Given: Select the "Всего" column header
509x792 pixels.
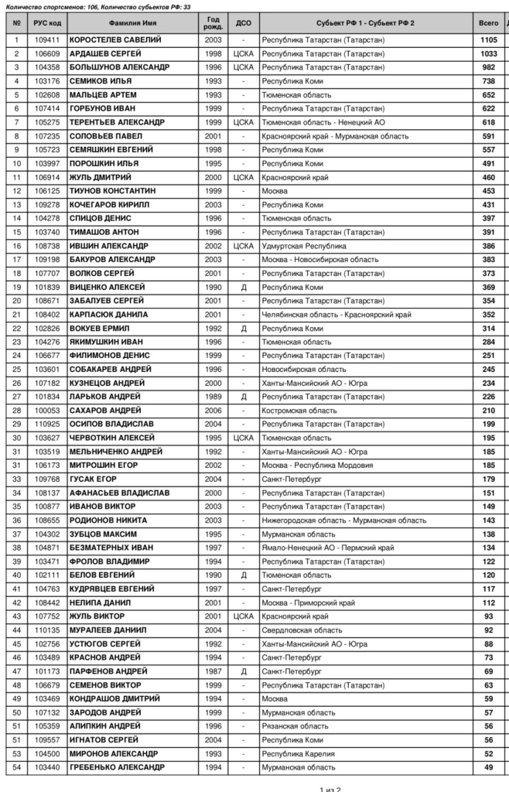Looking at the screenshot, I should [x=488, y=23].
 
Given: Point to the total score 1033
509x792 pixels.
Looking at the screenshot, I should [x=488, y=53].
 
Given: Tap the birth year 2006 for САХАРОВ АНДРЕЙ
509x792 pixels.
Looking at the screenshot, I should [x=214, y=410].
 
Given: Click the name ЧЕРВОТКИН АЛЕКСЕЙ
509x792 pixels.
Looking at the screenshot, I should [x=108, y=438].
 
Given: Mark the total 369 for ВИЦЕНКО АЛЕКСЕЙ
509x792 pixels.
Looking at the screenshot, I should [x=488, y=287].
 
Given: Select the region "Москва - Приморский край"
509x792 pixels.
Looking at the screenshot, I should [x=309, y=603].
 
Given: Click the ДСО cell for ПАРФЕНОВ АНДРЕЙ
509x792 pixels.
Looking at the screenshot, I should [x=243, y=671].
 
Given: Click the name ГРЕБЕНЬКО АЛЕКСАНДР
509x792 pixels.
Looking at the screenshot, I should [x=117, y=767].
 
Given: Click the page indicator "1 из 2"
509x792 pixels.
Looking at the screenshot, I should [x=330, y=788].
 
